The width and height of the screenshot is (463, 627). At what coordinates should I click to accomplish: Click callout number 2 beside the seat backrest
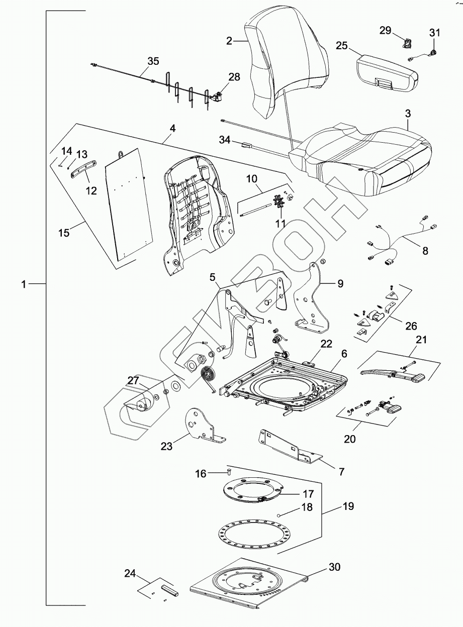(x=229, y=41)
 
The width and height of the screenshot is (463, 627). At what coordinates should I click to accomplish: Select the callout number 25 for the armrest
(x=342, y=46)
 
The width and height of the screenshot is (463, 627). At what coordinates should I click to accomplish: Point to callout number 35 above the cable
(x=153, y=61)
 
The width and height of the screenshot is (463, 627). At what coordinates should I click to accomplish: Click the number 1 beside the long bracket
(x=23, y=284)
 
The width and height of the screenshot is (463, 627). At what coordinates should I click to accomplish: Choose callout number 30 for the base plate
(x=334, y=567)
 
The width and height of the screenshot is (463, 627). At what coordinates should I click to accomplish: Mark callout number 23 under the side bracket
(x=166, y=446)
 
